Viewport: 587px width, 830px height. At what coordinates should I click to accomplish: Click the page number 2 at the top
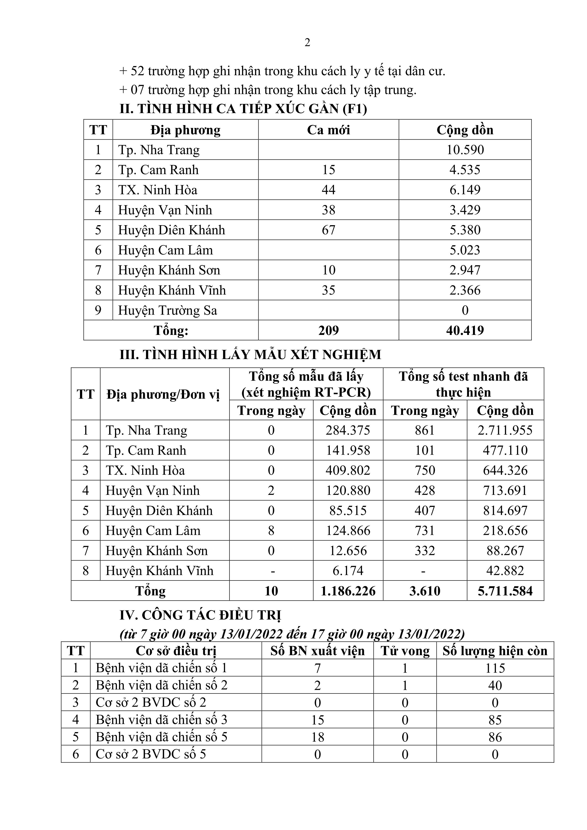click(x=307, y=43)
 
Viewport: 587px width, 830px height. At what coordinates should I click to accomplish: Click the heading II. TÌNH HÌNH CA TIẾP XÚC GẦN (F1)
click(x=243, y=109)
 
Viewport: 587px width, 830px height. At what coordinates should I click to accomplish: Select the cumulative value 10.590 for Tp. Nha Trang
click(x=465, y=150)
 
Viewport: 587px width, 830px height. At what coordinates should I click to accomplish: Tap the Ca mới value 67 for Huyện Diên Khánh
click(x=328, y=230)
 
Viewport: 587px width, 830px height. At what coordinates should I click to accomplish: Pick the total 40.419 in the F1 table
click(x=465, y=330)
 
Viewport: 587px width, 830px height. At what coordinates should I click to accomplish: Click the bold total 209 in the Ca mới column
click(x=328, y=330)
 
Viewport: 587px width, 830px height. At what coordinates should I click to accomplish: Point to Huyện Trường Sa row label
click(x=168, y=310)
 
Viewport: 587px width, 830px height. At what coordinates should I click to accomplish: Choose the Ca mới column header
click(x=328, y=130)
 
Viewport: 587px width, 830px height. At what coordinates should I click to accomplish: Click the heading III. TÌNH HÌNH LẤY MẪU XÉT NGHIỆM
click(x=250, y=355)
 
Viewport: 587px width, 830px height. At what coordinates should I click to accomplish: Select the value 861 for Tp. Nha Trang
click(x=425, y=430)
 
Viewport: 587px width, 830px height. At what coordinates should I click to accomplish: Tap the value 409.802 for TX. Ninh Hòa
click(x=348, y=470)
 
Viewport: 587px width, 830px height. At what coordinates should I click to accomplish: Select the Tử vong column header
click(x=405, y=651)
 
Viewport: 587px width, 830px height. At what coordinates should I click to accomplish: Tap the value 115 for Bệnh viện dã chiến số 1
click(x=495, y=668)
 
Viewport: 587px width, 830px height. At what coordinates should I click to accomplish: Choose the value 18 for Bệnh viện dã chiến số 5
click(x=317, y=737)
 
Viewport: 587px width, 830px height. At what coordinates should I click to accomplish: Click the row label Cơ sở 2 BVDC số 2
click(x=151, y=703)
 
